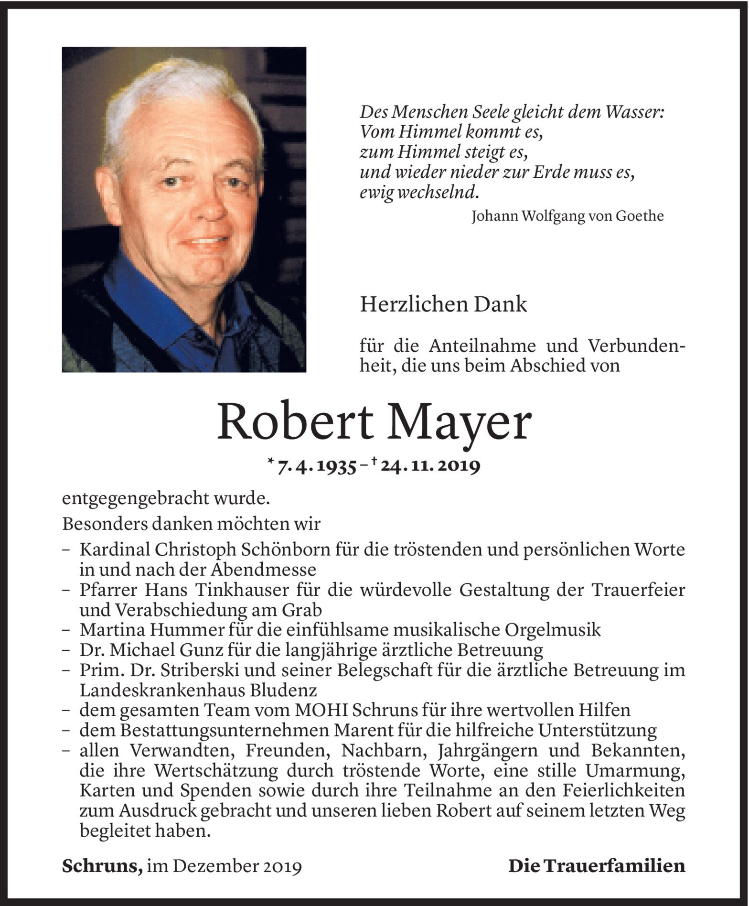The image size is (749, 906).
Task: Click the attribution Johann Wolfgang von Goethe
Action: click(x=567, y=216)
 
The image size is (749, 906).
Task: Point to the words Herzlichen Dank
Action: click(x=443, y=304)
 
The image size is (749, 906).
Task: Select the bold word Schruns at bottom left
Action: click(x=102, y=866)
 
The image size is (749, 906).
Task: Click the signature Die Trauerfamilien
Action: click(x=597, y=866)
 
